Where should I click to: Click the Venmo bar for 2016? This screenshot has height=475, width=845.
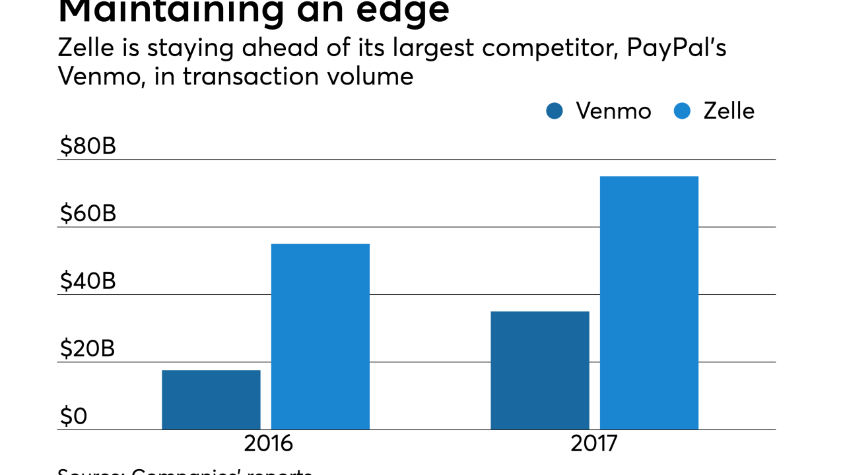point(211,400)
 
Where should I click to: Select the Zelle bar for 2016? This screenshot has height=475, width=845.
point(320,336)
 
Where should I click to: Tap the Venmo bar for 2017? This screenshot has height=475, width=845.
point(540,370)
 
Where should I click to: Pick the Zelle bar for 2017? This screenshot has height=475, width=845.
point(649,303)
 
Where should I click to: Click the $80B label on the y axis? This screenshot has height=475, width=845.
point(88,146)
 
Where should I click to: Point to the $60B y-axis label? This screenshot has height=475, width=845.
point(88,214)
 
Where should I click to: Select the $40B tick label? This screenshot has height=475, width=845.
point(88,282)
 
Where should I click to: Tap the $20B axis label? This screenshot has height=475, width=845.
point(88,349)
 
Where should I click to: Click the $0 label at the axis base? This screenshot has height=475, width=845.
point(73,416)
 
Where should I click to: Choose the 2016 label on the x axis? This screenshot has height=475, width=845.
point(268,443)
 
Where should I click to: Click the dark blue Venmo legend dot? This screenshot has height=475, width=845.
point(555,111)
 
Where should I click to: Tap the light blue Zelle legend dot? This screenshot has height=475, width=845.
point(682,111)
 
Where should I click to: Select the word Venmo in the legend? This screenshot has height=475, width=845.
point(613,111)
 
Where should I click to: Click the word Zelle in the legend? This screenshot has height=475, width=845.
point(729,111)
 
